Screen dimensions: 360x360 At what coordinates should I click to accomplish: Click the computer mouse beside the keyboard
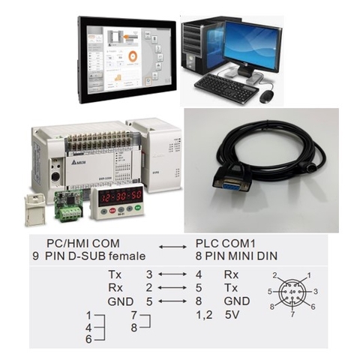click(x=266, y=96)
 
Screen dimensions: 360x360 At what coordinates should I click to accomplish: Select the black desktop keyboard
click(x=226, y=88)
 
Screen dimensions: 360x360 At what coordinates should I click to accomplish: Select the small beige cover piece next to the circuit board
click(x=34, y=209)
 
